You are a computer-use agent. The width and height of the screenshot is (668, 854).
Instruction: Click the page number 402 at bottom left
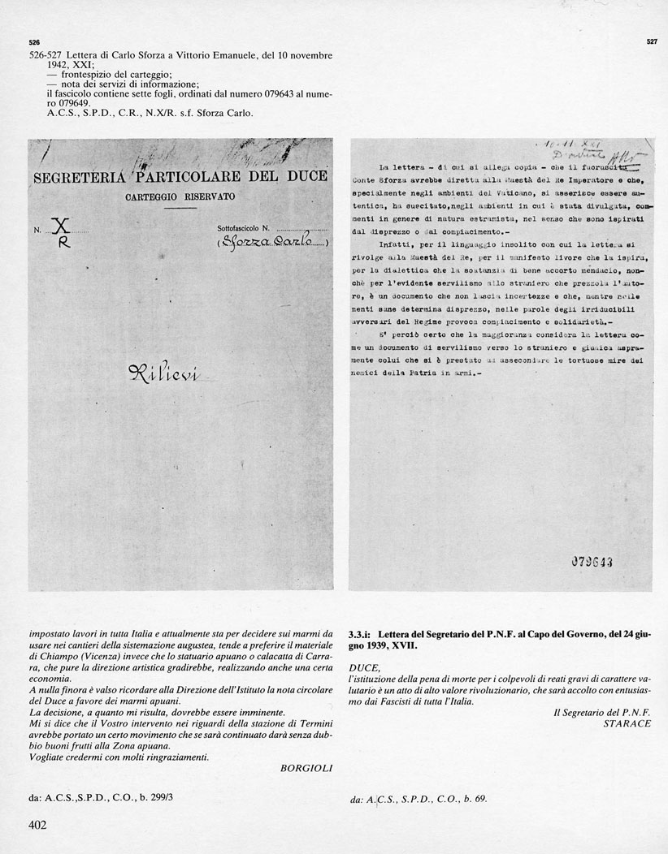click(x=38, y=826)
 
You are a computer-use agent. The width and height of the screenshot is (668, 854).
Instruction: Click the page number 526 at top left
click(x=33, y=41)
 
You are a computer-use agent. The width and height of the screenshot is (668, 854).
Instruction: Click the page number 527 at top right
click(x=651, y=41)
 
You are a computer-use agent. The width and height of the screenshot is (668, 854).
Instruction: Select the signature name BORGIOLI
click(x=306, y=768)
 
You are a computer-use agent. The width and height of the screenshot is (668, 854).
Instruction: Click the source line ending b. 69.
click(x=419, y=799)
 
